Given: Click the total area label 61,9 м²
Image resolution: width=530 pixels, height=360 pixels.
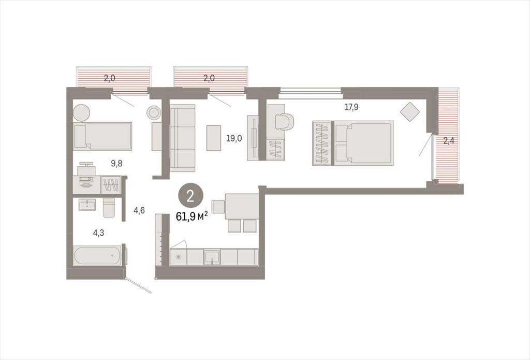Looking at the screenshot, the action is point(192,216).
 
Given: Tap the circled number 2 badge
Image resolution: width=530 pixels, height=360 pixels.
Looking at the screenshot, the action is point(190,196).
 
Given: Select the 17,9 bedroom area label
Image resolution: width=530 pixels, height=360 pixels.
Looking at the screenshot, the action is point(351,107).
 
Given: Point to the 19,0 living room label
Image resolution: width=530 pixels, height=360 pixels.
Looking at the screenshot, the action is point(234,138).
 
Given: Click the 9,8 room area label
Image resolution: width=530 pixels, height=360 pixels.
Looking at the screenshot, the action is point(116,164).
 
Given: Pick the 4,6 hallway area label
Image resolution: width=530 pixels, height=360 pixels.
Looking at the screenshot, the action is point(139,210).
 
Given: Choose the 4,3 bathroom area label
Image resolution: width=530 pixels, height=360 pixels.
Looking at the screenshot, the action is point(98,233).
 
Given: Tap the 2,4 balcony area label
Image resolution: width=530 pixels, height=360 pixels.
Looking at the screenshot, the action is point(449,140).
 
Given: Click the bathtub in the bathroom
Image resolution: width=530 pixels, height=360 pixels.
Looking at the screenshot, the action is point(97,255).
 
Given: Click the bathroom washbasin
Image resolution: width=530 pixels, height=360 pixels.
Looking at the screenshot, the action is point(87,205).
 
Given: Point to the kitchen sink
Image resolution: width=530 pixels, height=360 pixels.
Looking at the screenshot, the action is point(212,257).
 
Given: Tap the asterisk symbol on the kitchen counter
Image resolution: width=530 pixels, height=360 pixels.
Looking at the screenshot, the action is point(179,257).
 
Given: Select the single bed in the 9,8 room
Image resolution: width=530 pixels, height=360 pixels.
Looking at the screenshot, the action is point(102,136).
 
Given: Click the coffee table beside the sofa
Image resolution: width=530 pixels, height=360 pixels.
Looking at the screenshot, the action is point(214,138).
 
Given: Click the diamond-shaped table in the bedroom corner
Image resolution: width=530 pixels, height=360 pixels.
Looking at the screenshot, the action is point(410,112).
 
